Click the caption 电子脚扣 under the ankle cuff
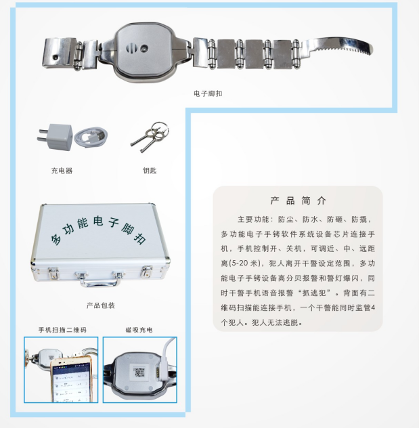(208, 93)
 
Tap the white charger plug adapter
(58, 137)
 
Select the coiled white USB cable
(91, 137)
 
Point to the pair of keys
(150, 136)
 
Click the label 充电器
(62, 171)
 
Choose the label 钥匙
(150, 171)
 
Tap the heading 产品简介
(298, 200)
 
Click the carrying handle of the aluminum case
(100, 282)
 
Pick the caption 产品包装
(101, 305)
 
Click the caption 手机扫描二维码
(62, 330)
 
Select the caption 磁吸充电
(139, 330)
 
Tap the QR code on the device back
(139, 372)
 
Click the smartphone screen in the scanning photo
(72, 383)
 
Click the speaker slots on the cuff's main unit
(131, 49)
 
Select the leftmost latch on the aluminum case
(53, 273)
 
